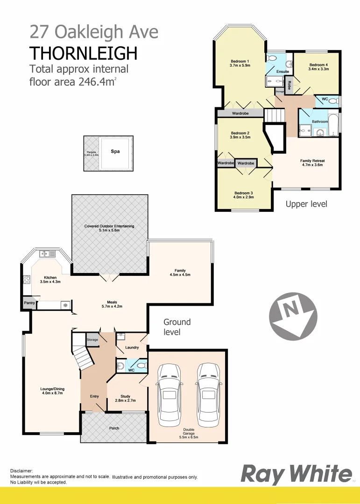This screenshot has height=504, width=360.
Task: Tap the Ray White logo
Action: (296, 475)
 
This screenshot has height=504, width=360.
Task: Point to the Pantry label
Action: (29, 303)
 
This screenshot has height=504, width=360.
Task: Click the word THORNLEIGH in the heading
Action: (84, 53)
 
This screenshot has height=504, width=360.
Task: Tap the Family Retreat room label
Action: (312, 161)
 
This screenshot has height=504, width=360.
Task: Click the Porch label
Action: (114, 428)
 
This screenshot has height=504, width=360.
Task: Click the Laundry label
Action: (132, 347)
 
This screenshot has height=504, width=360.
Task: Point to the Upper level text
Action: (306, 204)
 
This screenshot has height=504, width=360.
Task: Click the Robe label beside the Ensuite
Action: (289, 84)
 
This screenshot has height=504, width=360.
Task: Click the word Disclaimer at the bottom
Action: (21, 471)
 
